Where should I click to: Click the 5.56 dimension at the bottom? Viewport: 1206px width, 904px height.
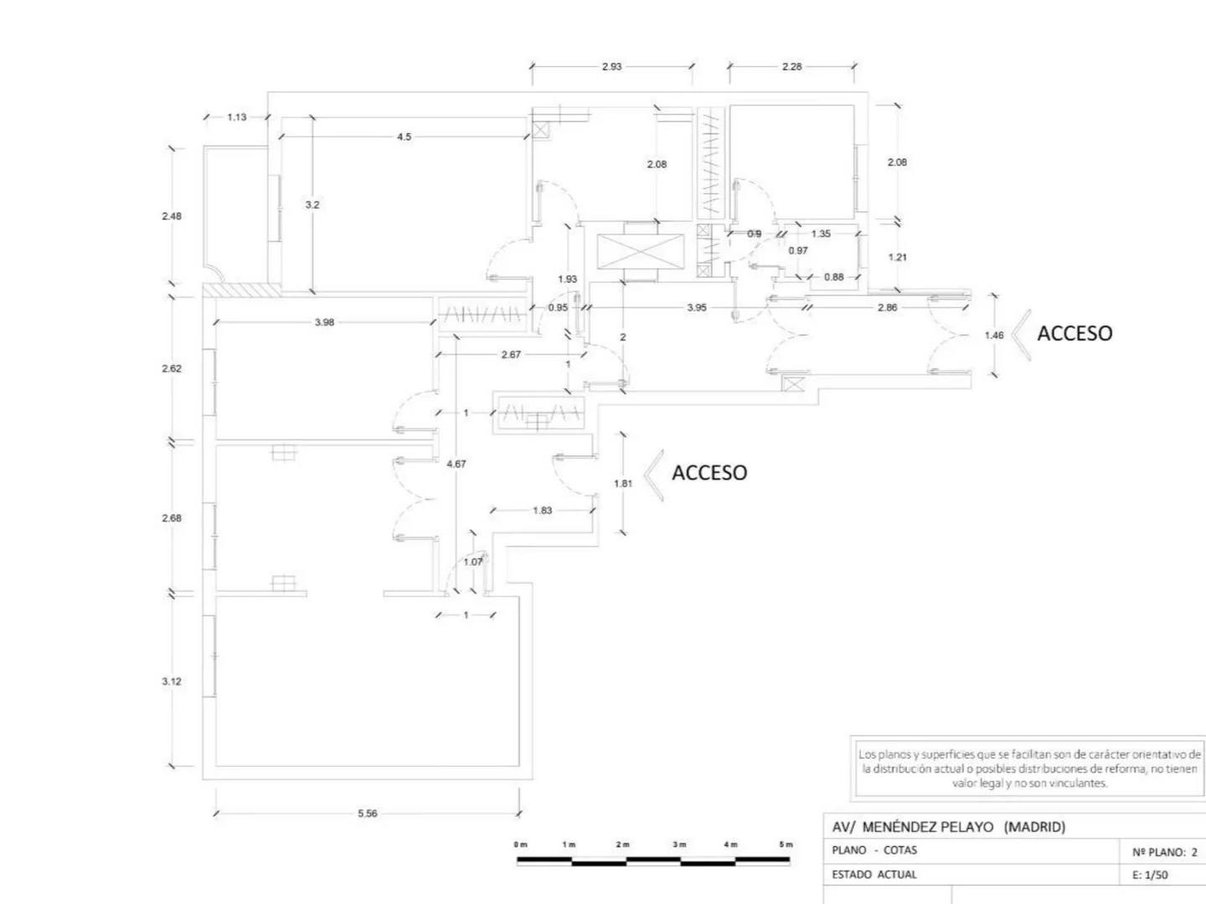(367, 814)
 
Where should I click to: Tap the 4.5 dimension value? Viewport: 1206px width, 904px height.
(405, 136)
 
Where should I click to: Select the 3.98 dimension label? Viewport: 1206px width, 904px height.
(324, 322)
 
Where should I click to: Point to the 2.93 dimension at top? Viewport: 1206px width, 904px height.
(612, 67)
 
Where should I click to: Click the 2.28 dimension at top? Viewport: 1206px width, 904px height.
(791, 67)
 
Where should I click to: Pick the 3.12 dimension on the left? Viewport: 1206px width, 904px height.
(172, 681)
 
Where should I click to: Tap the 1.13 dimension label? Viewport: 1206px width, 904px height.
(237, 117)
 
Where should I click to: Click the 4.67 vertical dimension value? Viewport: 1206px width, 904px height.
(456, 464)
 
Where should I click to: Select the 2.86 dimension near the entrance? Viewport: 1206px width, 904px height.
(887, 307)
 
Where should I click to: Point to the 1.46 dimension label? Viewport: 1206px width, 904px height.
(994, 336)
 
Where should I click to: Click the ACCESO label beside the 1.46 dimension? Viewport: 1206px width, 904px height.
(1075, 333)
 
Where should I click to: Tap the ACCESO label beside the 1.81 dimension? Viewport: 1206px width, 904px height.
(709, 473)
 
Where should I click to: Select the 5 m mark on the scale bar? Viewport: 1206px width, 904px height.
(785, 845)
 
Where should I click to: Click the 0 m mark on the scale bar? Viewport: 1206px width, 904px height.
(521, 845)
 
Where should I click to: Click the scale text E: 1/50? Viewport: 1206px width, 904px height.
(1150, 875)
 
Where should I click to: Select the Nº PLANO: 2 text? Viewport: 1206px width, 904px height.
(1165, 852)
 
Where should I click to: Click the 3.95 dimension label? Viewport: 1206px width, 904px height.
(697, 307)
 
